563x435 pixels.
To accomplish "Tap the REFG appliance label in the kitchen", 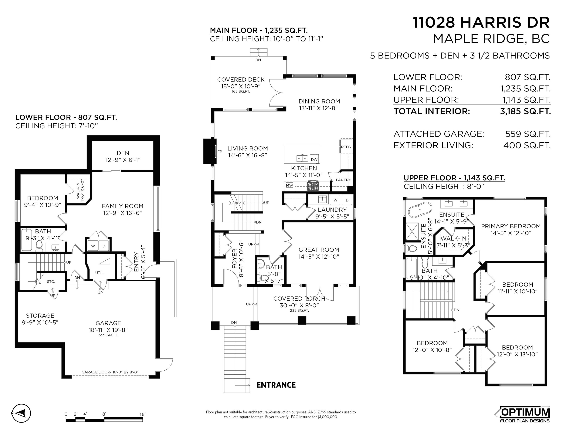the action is [x=346, y=147].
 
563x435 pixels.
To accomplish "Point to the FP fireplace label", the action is [x=220, y=152].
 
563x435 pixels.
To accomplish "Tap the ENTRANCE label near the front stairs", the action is [x=276, y=385].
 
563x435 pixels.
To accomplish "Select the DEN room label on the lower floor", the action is [x=123, y=153].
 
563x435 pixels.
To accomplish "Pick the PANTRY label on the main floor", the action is [x=343, y=180].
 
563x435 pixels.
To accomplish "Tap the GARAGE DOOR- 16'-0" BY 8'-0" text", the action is [x=110, y=372].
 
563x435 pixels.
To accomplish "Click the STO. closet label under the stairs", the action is [x=51, y=282].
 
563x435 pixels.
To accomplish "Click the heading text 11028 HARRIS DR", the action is [x=481, y=22].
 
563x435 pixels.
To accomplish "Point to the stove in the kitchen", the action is [x=313, y=186].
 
